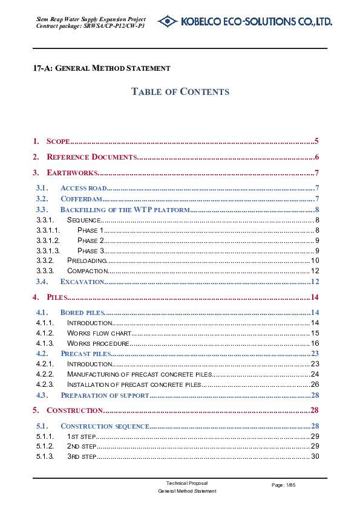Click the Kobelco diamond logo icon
point(168,22)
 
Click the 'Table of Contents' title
point(180,92)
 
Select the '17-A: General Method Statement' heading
point(102,69)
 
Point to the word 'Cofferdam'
point(81,198)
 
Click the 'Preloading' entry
point(87,261)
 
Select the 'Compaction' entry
point(88,271)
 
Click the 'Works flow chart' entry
point(99,333)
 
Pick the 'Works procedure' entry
point(98,343)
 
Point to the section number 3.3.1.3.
point(48,250)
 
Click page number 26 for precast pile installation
point(315,384)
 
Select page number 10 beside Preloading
point(315,261)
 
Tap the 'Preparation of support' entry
point(105,395)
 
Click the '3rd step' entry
point(81,456)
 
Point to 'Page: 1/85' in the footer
point(284,485)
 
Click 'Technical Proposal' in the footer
point(187,484)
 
